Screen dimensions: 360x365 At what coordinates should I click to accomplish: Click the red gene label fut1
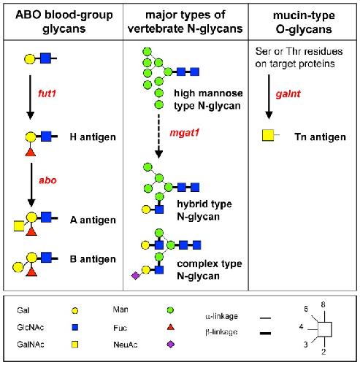(47, 93)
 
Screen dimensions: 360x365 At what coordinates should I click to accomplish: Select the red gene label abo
(47, 180)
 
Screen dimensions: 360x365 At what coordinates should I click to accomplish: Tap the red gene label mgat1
(185, 133)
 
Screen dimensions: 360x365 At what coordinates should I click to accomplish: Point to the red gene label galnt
(288, 94)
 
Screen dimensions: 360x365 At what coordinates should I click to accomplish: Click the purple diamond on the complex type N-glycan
(135, 276)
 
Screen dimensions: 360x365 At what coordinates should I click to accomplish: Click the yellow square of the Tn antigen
(268, 136)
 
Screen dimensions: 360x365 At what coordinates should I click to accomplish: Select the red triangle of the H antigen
(31, 153)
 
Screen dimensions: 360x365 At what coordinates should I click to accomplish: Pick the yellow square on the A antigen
(19, 226)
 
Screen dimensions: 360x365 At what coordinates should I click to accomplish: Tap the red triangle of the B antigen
(31, 272)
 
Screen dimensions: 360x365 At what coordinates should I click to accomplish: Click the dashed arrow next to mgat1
(159, 136)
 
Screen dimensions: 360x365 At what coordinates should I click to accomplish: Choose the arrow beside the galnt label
(269, 97)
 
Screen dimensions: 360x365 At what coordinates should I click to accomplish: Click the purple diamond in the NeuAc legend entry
(171, 345)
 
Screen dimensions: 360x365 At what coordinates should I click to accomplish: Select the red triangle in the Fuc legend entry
(171, 327)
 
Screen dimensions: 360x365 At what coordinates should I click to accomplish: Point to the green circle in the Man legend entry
(170, 310)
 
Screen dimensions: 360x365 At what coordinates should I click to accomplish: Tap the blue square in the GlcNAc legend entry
(75, 327)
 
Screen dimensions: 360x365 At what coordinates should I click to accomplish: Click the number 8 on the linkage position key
(323, 304)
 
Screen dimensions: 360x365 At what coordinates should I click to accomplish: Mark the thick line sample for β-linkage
(265, 333)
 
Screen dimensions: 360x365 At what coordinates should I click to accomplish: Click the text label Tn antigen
(320, 137)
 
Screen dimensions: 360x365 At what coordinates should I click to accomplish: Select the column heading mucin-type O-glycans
(304, 22)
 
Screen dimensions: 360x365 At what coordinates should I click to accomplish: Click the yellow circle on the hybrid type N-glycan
(146, 210)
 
